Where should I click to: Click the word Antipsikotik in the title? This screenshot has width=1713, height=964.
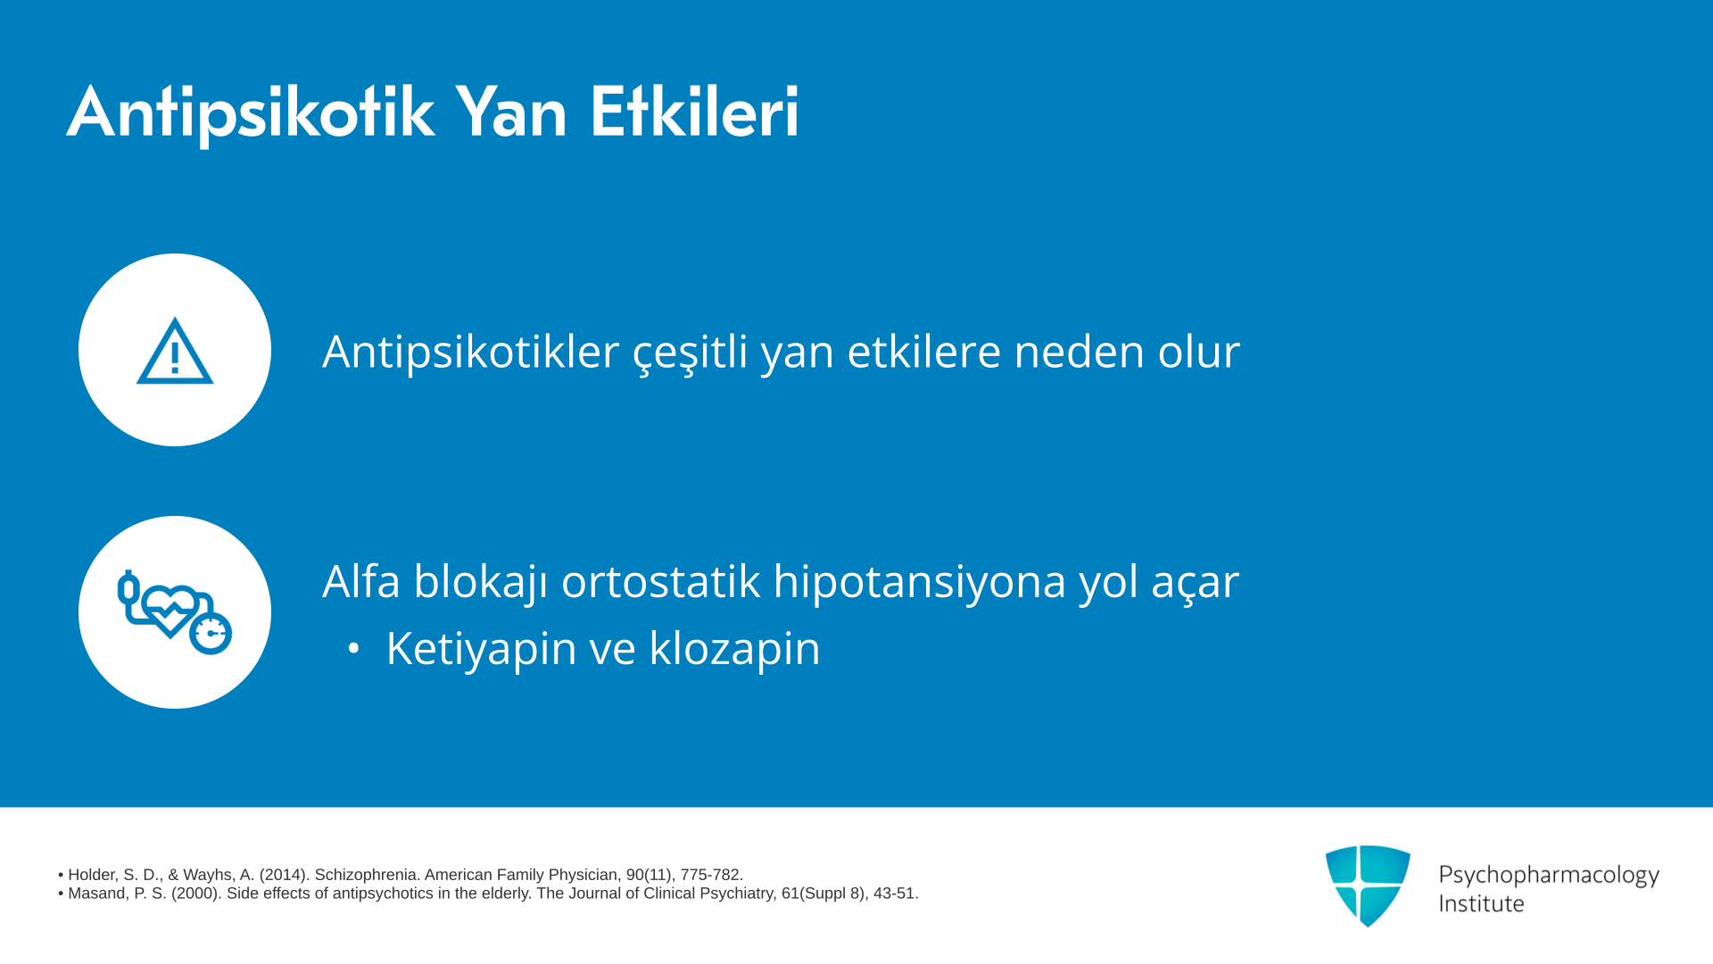tap(251, 113)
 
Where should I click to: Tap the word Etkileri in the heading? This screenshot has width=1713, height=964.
tap(694, 112)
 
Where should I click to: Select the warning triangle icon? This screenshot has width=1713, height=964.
tap(175, 351)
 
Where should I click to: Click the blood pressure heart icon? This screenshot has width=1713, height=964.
tap(175, 612)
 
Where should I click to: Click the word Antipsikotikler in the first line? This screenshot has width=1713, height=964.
tap(470, 352)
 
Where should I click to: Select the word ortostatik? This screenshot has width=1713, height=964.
tap(661, 581)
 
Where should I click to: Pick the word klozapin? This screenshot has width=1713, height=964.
tap(734, 649)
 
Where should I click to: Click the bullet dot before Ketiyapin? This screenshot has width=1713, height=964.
tap(353, 649)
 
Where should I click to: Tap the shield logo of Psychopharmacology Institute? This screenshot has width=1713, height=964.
tap(1368, 885)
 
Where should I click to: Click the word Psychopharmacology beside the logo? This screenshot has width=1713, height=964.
tap(1549, 876)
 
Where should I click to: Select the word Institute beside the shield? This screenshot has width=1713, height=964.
tap(1481, 904)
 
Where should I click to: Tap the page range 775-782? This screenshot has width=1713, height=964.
tap(712, 876)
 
